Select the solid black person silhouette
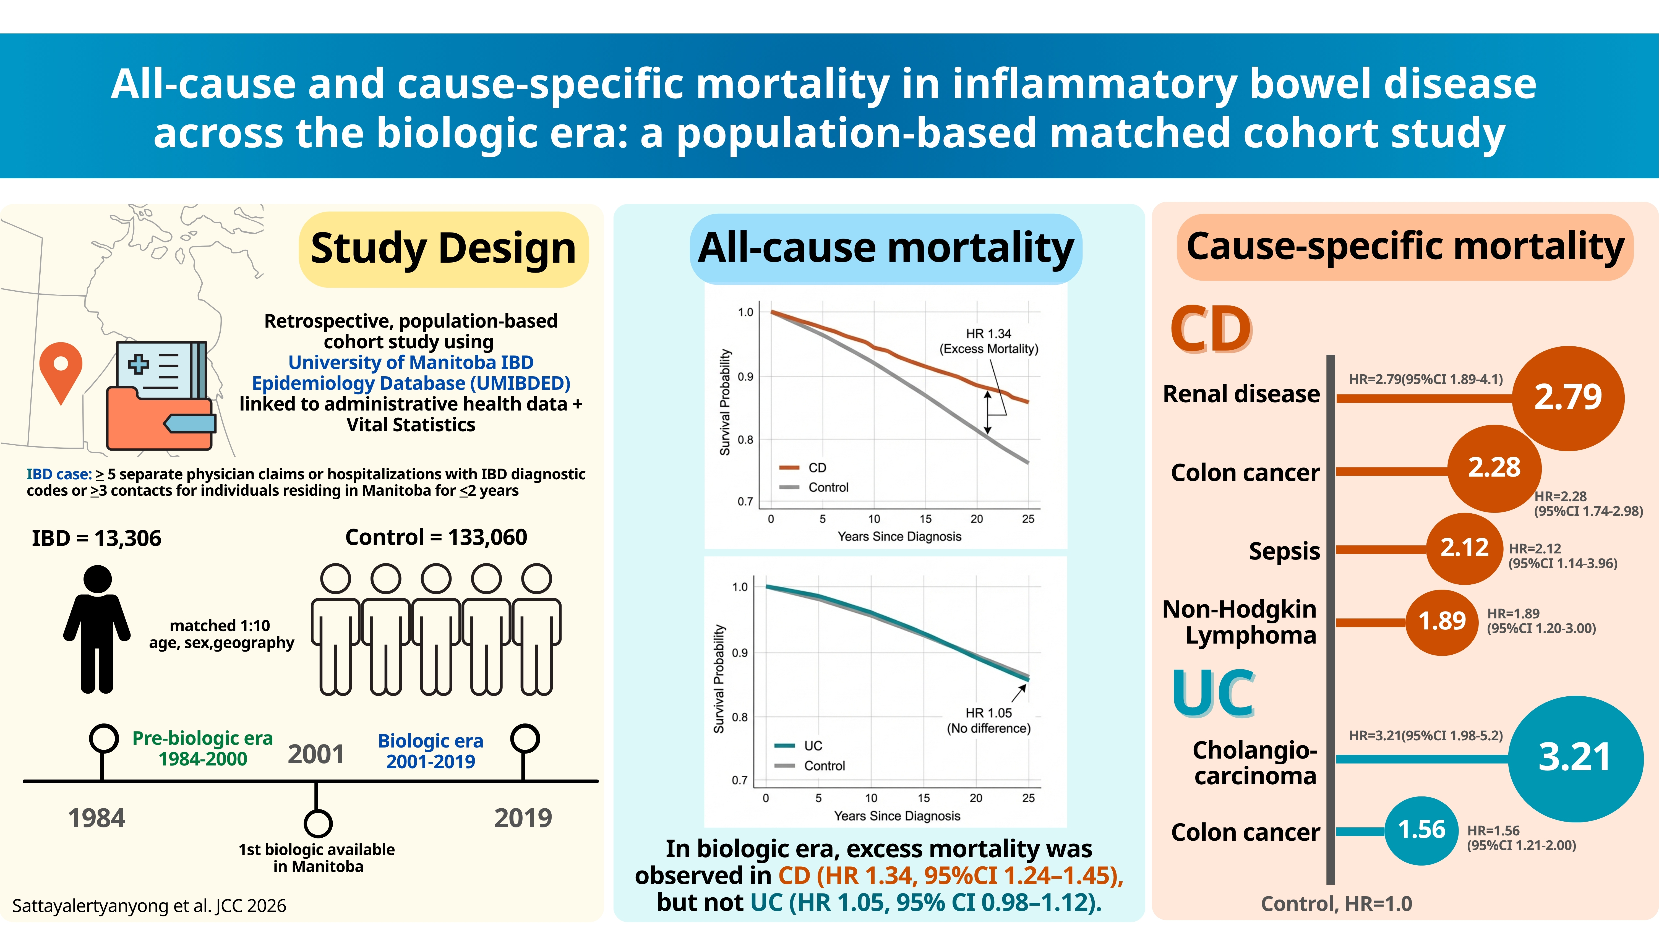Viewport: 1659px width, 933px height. (x=97, y=629)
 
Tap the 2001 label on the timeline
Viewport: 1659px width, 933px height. (x=315, y=754)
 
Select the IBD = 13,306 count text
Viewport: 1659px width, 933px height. (x=96, y=538)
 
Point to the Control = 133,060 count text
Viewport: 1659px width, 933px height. (x=436, y=537)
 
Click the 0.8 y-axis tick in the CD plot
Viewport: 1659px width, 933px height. (x=745, y=440)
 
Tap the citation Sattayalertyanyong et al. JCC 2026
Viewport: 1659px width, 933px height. (x=149, y=906)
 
